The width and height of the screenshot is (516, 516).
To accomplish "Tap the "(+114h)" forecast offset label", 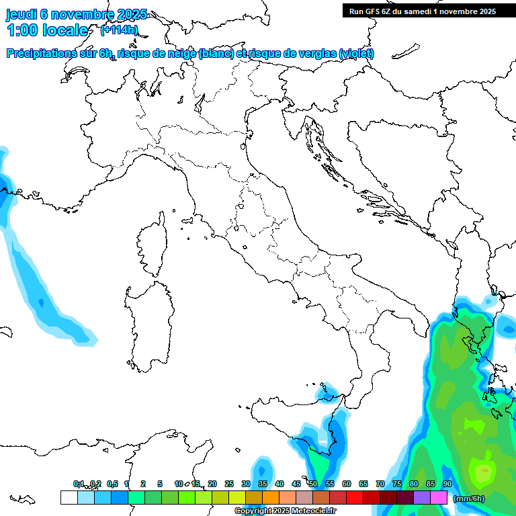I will coord(119,30).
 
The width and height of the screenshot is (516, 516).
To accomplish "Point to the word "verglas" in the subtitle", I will coord(316,54).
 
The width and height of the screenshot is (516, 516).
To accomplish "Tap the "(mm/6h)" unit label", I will coord(469,499).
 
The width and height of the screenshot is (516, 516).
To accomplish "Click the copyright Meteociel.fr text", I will coord(285,511).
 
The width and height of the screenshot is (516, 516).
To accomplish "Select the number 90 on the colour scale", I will coord(447,484).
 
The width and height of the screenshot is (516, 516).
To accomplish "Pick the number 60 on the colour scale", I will coord(346,484).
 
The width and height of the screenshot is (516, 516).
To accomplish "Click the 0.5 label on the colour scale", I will coord(112,484).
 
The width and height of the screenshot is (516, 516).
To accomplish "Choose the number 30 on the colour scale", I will coord(246,484).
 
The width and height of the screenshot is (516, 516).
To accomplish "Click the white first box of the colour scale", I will coord(69,498).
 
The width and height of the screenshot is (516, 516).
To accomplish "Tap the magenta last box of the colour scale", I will coord(439,498).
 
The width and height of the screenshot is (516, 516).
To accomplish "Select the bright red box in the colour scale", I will coord(354,498).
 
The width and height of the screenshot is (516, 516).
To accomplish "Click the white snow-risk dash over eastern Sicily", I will coord(323,441).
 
